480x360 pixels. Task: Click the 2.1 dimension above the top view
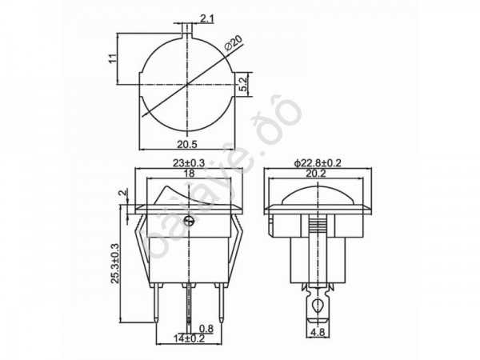coord(206,17)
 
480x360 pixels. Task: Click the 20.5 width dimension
coord(186,144)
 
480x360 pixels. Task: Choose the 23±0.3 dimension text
coord(188,163)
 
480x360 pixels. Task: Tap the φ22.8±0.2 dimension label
coord(318,163)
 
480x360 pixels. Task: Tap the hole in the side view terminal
coord(318,305)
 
